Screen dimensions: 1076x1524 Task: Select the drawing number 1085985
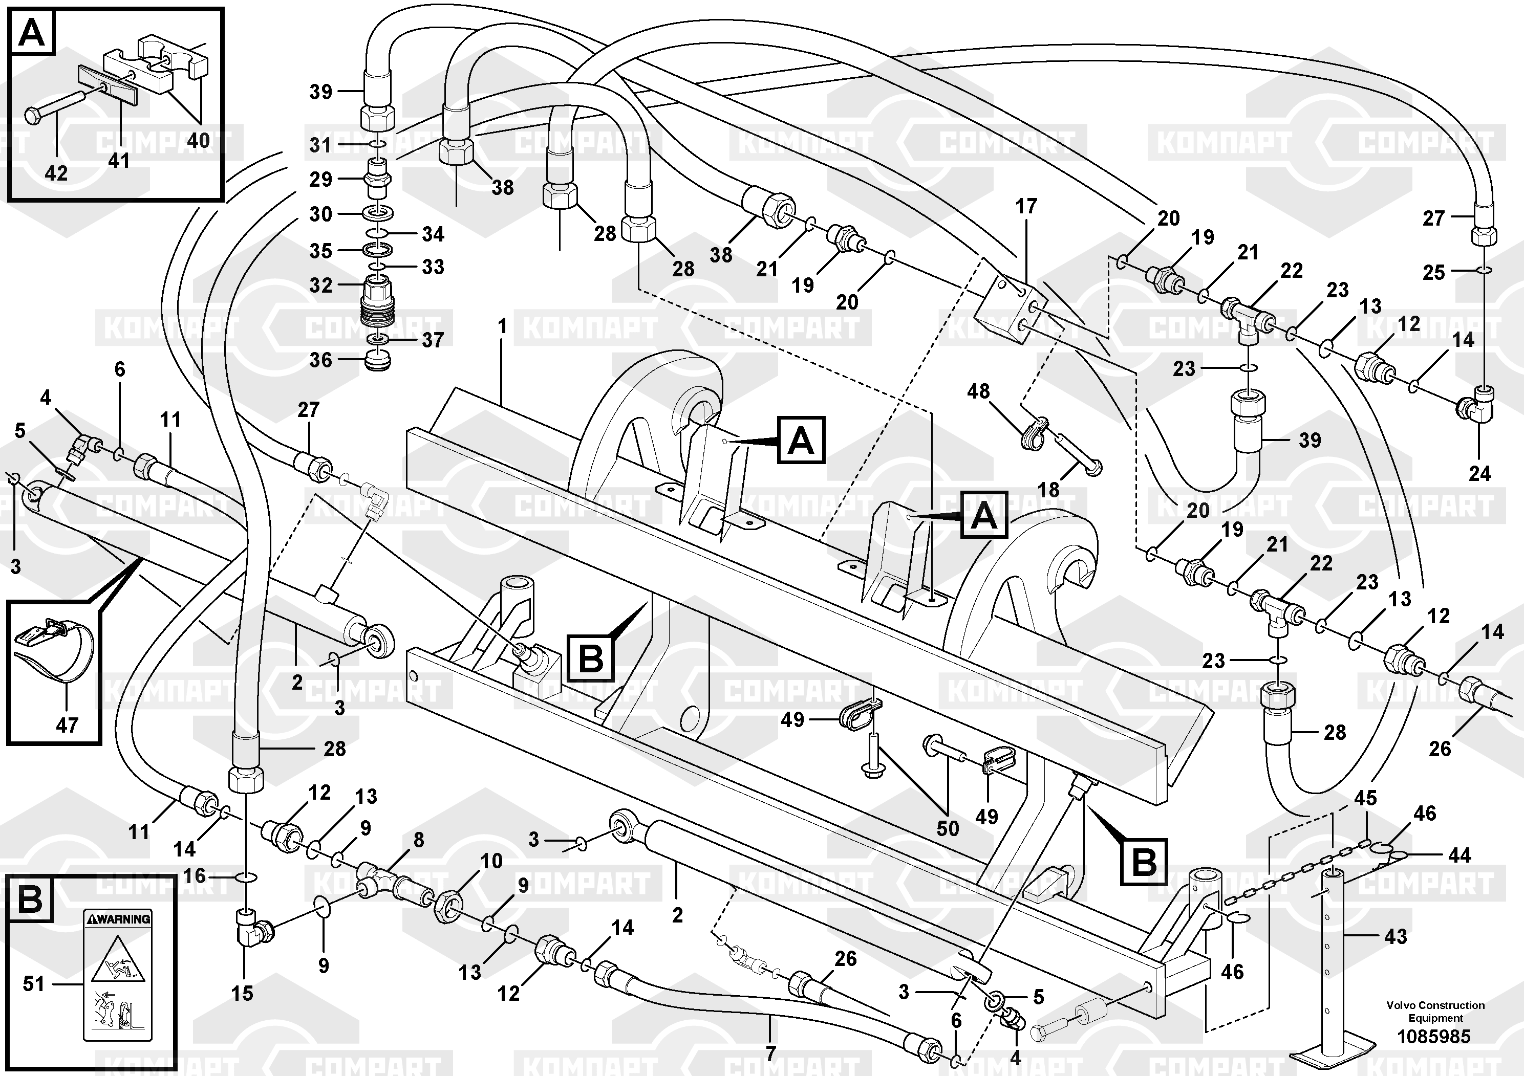[1434, 1036]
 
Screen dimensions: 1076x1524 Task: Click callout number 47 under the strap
[67, 724]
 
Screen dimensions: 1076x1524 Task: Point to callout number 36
[320, 360]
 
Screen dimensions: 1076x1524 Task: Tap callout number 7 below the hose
[770, 1053]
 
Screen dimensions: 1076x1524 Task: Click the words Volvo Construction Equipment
[1435, 1012]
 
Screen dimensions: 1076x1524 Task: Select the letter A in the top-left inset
[32, 33]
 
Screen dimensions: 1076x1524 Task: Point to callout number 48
[978, 391]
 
